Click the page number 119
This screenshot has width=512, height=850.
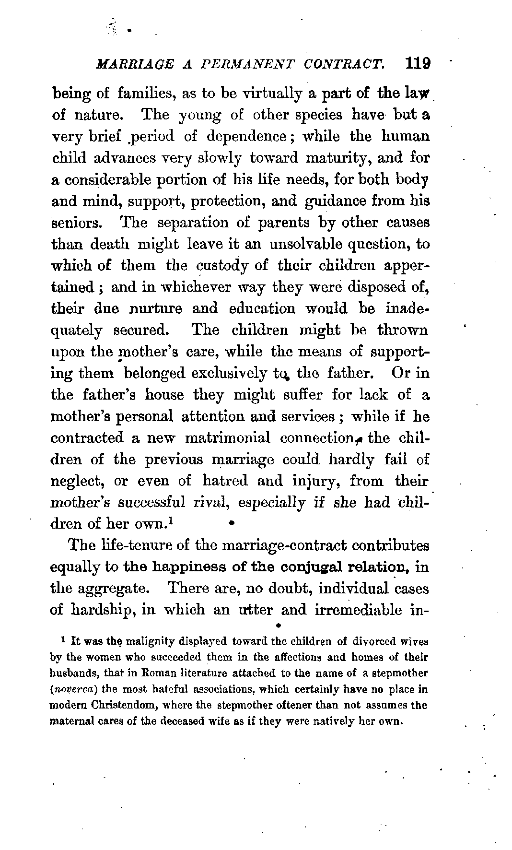[x=417, y=64]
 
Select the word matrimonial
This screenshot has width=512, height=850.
[x=227, y=438]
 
